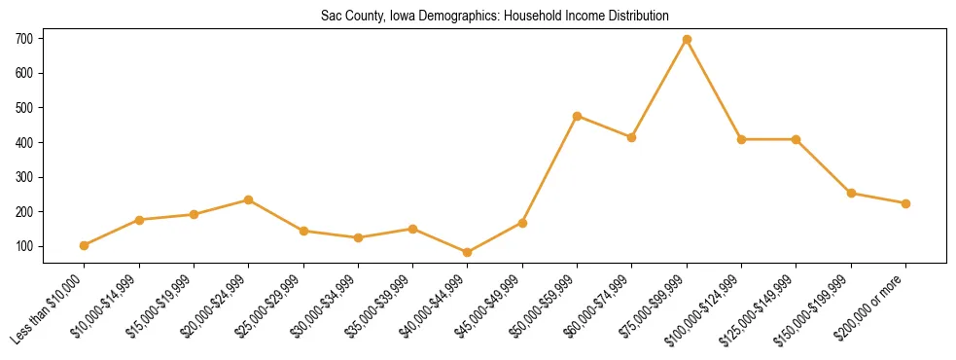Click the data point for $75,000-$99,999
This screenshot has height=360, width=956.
coord(687,40)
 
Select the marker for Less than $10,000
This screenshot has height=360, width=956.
coord(85,245)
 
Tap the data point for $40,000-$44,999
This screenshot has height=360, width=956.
coord(468,253)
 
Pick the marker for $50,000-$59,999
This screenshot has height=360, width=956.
coord(578,117)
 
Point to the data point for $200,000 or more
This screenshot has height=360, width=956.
coord(905,203)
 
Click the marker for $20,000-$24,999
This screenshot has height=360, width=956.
coord(249,200)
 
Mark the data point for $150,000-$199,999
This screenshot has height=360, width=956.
coord(851,193)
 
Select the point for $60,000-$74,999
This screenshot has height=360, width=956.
coord(632,137)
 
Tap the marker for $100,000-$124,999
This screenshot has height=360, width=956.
coord(742,139)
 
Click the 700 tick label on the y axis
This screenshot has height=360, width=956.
coord(23,39)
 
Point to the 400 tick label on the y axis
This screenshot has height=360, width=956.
coord(23,143)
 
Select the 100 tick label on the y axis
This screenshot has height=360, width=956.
coord(23,246)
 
